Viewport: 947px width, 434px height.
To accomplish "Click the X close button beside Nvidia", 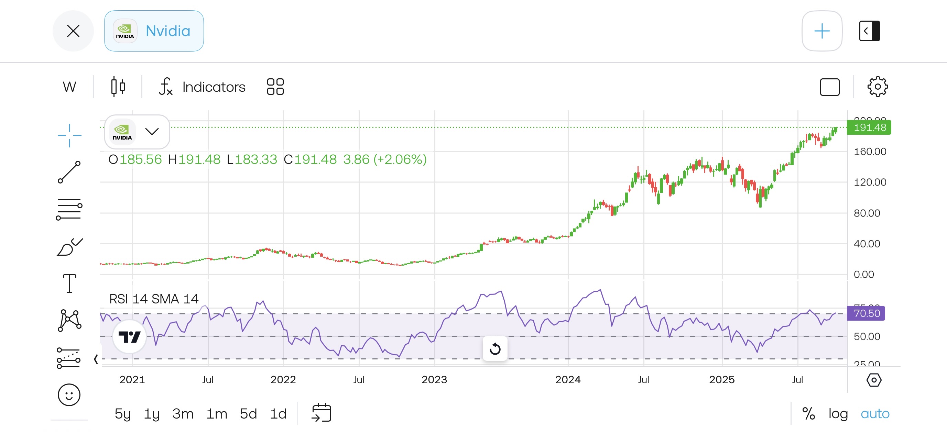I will tap(73, 31).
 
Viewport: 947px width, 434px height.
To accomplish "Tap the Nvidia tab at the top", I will tap(154, 31).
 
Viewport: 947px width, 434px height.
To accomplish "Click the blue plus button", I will tap(821, 31).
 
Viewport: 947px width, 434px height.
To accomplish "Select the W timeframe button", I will tap(69, 87).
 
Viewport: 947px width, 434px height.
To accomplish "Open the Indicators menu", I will tap(202, 87).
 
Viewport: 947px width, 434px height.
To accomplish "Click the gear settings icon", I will tap(878, 87).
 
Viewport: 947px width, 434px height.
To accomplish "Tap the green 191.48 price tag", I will tap(869, 127).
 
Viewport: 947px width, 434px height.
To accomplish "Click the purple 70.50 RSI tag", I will tap(866, 313).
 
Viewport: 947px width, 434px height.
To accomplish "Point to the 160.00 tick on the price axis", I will tap(870, 152).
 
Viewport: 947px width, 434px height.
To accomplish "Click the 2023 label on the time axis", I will tap(434, 380).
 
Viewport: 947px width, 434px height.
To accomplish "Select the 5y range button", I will tap(122, 413).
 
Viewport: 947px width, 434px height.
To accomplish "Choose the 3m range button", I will tap(183, 413).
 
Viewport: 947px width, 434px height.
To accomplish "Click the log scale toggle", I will tap(838, 413).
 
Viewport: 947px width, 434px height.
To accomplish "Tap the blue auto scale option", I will tap(875, 413).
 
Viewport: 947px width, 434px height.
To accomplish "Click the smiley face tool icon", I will tap(69, 395).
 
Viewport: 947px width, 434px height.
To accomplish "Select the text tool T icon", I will tap(69, 283).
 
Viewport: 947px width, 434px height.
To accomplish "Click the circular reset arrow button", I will tap(495, 348).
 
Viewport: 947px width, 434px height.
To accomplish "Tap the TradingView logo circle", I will tap(129, 337).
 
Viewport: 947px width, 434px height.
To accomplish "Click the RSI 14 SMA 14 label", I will tap(154, 299).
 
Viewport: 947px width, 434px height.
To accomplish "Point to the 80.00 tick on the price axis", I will tap(867, 213).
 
